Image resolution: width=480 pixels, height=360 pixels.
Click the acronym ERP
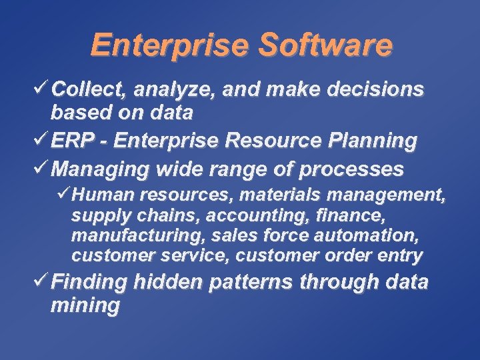[x=69, y=141]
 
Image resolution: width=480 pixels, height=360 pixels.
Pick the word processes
[x=351, y=170]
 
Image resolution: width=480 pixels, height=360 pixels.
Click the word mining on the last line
[x=85, y=306]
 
